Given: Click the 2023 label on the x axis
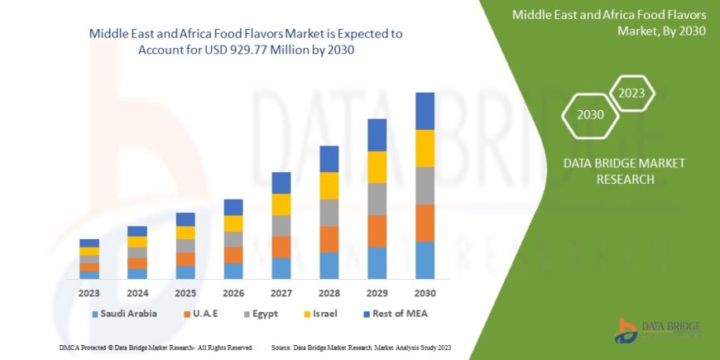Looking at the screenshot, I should tap(89, 293).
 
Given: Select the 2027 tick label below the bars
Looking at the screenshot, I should tap(281, 293).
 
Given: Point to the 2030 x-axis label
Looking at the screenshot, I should tap(425, 293).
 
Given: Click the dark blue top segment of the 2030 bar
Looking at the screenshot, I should tap(425, 111).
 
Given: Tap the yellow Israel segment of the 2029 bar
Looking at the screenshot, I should tap(377, 167).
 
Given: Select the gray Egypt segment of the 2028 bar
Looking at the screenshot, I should tap(329, 213).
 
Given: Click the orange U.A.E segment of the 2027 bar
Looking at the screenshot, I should tap(281, 247).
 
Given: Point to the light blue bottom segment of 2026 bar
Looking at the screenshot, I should tap(233, 271).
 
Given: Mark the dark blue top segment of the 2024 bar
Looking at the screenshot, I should tap(137, 231).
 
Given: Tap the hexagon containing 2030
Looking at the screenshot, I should tap(591, 115).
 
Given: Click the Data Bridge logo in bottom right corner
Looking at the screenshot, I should tap(654, 329).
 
